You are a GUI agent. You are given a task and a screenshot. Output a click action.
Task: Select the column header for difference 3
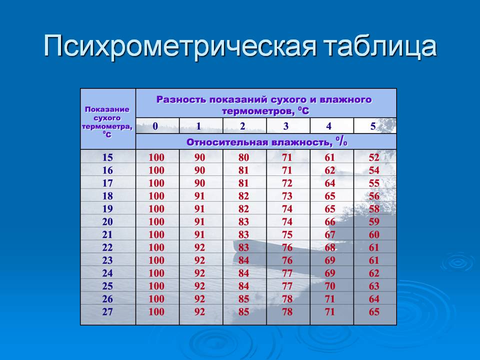click(x=286, y=126)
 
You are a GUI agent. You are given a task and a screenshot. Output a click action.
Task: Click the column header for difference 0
click(x=155, y=126)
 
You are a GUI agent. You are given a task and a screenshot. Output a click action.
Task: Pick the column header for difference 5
click(x=373, y=126)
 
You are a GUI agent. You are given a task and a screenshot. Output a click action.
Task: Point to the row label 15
click(x=107, y=157)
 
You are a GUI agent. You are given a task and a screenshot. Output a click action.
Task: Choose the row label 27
click(x=107, y=312)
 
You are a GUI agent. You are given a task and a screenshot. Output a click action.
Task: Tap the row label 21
click(x=107, y=234)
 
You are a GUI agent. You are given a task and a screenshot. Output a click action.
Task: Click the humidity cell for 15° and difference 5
click(x=374, y=157)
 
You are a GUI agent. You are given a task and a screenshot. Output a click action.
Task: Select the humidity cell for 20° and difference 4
click(x=330, y=221)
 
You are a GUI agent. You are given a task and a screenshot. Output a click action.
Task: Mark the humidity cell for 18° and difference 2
click(x=243, y=196)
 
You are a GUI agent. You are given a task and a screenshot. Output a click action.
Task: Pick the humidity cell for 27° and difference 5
click(x=374, y=312)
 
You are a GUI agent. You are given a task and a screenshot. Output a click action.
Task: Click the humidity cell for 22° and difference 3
click(x=287, y=247)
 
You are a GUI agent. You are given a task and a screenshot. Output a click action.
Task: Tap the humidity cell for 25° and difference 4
click(x=330, y=286)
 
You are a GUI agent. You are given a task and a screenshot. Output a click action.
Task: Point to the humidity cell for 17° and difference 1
click(x=200, y=183)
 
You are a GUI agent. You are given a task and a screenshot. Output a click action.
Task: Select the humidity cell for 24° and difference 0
click(x=156, y=273)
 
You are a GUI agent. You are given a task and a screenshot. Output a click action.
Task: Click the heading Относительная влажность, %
click(x=266, y=141)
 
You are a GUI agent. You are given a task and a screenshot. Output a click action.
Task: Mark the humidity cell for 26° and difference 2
click(x=243, y=299)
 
